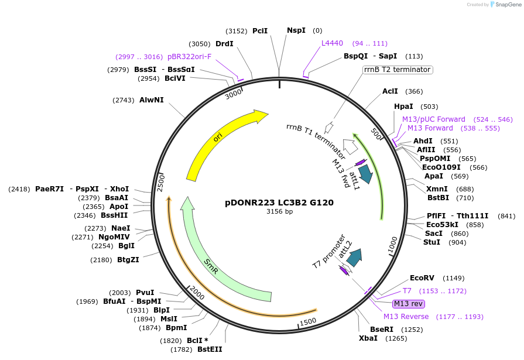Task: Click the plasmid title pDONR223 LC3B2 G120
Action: click(x=279, y=203)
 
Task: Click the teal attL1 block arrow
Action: click(x=366, y=173)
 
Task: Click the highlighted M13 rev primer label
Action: click(x=409, y=304)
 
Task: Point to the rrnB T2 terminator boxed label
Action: click(x=398, y=70)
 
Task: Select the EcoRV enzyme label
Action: click(x=422, y=278)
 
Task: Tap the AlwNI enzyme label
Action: click(x=152, y=100)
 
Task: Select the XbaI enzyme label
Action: click(x=369, y=338)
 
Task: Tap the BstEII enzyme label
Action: click(x=210, y=349)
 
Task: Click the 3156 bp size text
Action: click(x=279, y=212)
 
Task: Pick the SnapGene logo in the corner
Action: click(x=504, y=5)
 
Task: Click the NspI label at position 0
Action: click(x=296, y=30)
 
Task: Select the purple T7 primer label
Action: click(x=407, y=291)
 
